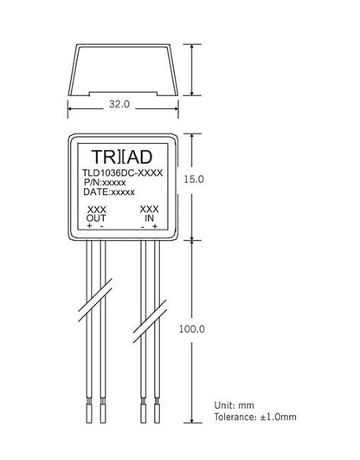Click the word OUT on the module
96,217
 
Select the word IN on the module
149,217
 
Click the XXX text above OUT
96,210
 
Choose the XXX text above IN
149,210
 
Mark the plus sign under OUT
88,225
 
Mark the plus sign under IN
155,225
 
